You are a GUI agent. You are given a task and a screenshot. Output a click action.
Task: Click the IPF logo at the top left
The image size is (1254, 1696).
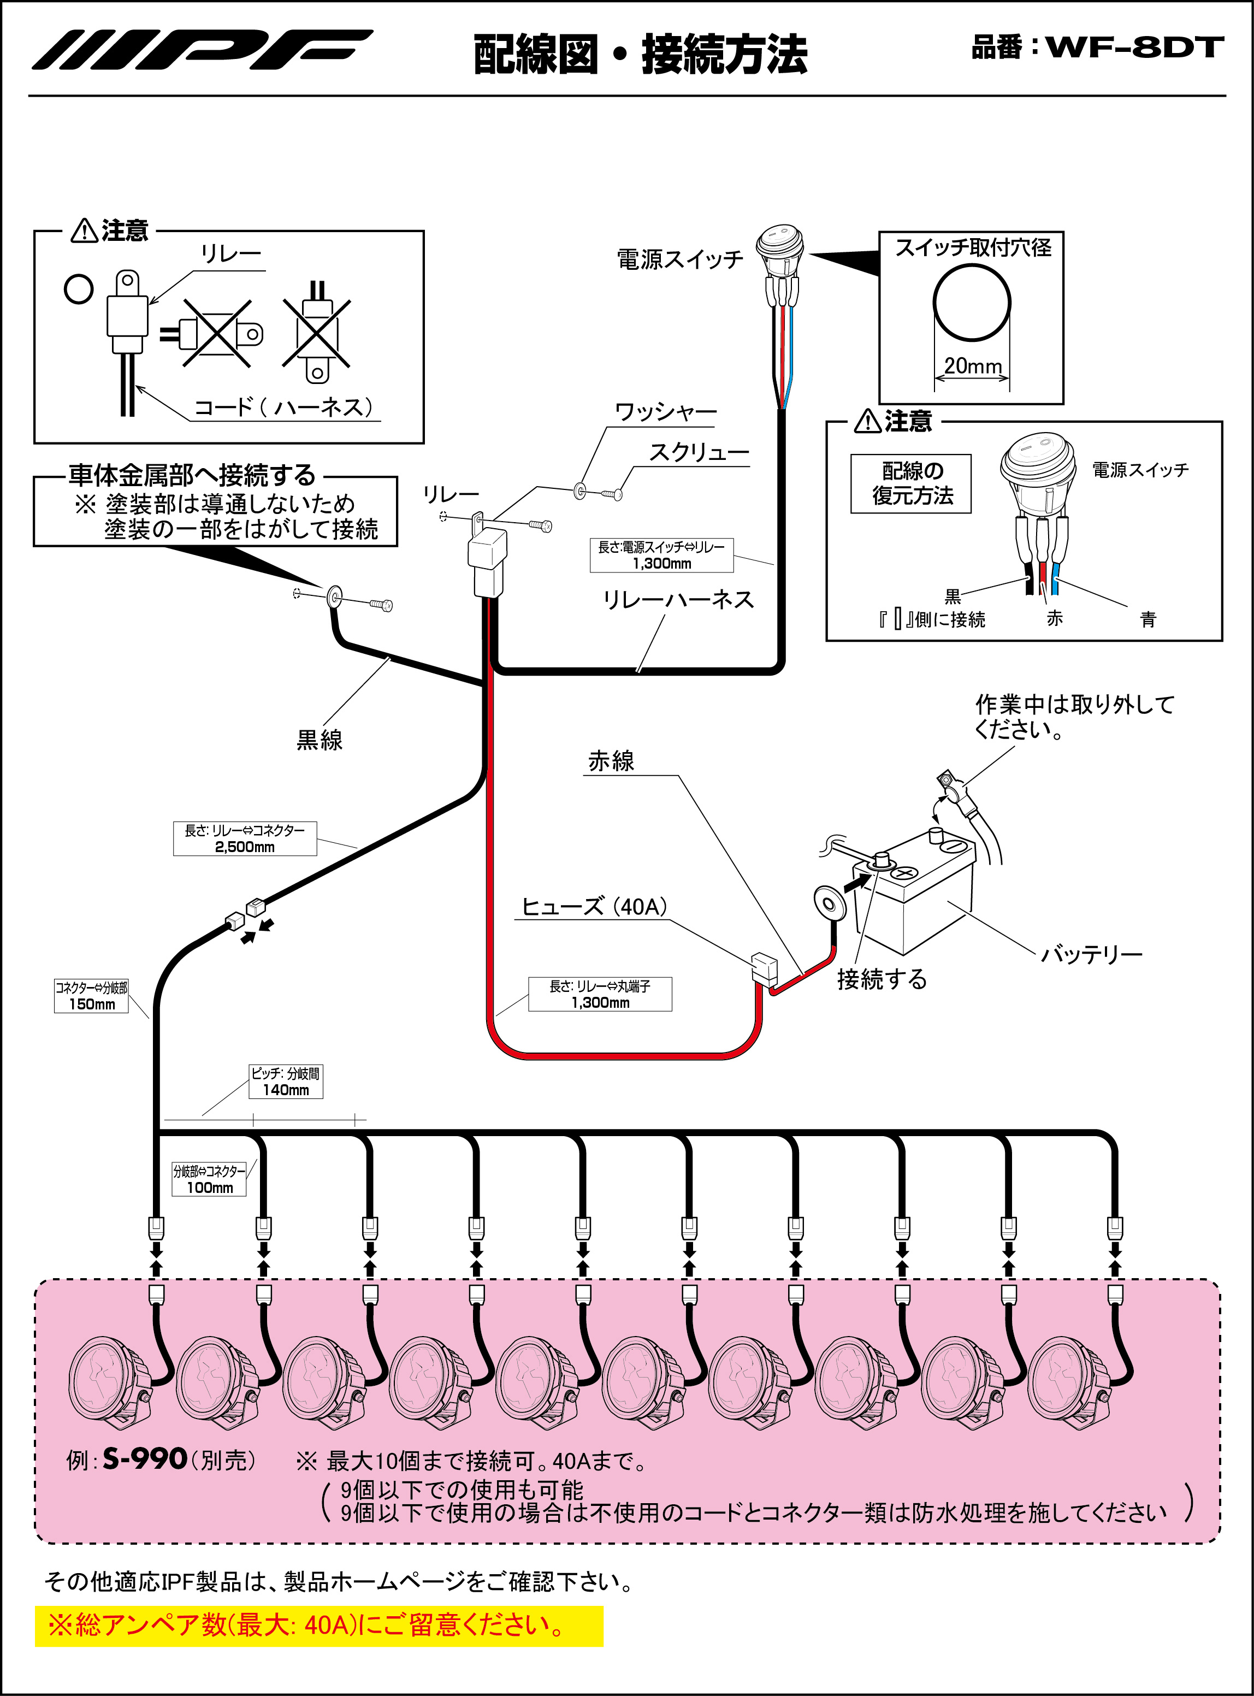(201, 50)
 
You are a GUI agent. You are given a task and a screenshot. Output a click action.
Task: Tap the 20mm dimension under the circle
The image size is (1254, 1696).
(972, 366)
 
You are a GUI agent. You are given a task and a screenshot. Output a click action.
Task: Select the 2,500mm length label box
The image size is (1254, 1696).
(245, 839)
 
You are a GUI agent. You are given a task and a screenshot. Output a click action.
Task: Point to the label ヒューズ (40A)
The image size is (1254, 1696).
(594, 907)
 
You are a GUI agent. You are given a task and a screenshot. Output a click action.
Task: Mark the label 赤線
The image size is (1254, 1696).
(611, 761)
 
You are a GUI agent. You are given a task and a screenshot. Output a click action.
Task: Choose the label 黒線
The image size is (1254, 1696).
(319, 740)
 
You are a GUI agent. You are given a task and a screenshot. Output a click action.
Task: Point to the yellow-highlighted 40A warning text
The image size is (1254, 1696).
(319, 1626)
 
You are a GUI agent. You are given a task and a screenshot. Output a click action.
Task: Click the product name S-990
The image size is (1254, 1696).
(145, 1459)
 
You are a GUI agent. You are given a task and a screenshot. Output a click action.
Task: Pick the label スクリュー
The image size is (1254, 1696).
(699, 452)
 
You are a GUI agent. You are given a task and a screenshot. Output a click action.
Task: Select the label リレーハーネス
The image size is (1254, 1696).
(678, 600)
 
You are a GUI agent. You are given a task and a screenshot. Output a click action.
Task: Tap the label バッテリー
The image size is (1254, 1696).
(1091, 954)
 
